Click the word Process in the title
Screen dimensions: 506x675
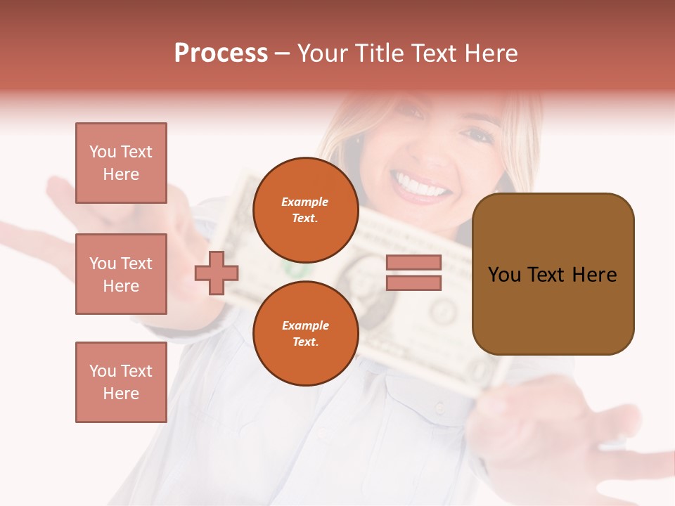(221, 53)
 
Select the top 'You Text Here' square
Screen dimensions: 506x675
(121, 163)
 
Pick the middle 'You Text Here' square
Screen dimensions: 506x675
(121, 274)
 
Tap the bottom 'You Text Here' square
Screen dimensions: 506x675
(121, 382)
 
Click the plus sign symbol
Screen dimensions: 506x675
(217, 273)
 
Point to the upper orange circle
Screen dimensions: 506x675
(305, 210)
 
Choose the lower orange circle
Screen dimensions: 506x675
(305, 334)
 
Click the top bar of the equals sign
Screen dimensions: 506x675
(413, 262)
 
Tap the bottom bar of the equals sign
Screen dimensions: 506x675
(413, 283)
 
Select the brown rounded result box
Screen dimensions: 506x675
(553, 274)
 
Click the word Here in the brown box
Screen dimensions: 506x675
(594, 275)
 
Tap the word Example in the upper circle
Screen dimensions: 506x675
(305, 202)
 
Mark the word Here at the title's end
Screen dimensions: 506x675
(489, 53)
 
